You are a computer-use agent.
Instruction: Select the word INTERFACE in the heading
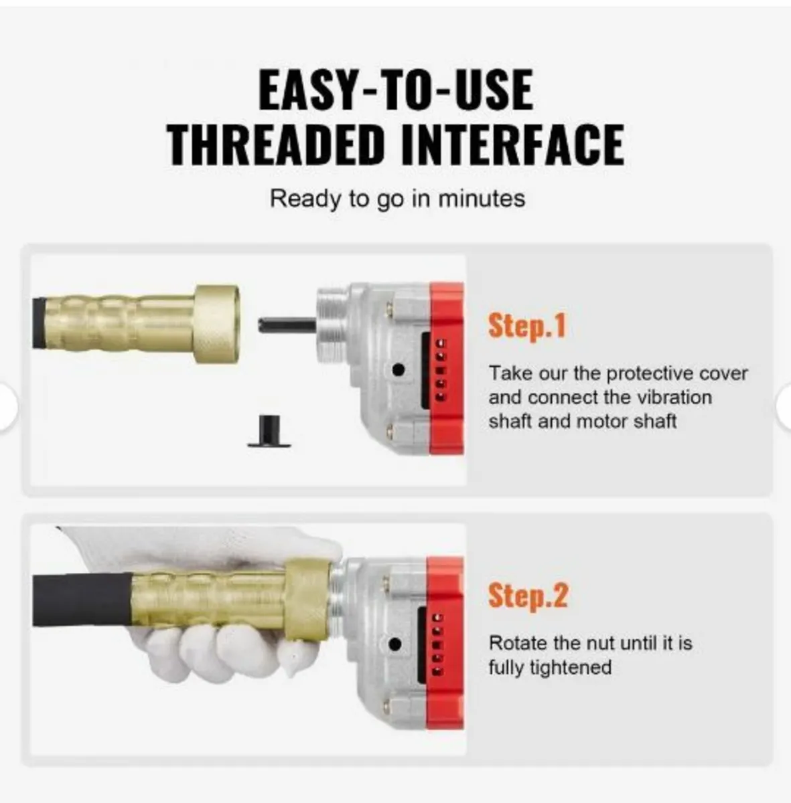tap(512, 143)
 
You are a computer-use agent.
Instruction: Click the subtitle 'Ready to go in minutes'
tap(397, 199)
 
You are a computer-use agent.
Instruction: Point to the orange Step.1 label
tap(527, 326)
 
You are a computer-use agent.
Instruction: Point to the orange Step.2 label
tap(528, 595)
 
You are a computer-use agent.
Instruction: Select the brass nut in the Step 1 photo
tap(216, 325)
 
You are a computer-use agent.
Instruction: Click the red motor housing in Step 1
tap(447, 368)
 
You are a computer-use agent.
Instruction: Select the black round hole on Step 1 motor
tap(399, 369)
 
